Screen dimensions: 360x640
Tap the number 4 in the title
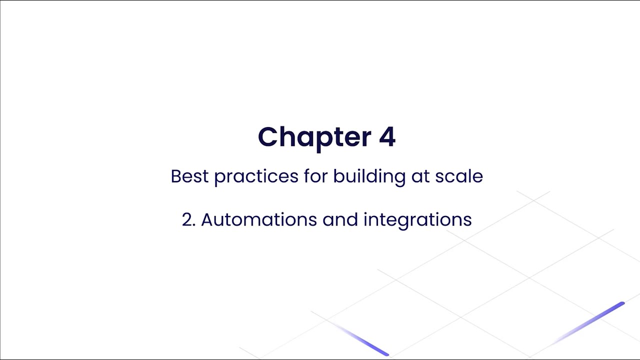[x=387, y=137]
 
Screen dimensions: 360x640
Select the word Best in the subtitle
[x=189, y=176]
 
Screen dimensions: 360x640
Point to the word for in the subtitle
[x=315, y=176]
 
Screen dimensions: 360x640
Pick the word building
[x=369, y=176]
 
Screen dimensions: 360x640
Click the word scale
[x=459, y=176]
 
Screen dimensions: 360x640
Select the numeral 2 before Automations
[x=187, y=220]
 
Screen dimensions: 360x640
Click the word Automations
[x=258, y=220]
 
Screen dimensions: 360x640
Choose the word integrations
[x=417, y=220]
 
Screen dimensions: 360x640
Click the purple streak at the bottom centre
[x=367, y=342]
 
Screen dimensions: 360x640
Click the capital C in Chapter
[x=268, y=137]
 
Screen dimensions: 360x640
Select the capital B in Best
[x=175, y=176]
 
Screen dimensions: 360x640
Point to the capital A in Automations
[x=207, y=220]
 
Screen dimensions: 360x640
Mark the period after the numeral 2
[x=194, y=225]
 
